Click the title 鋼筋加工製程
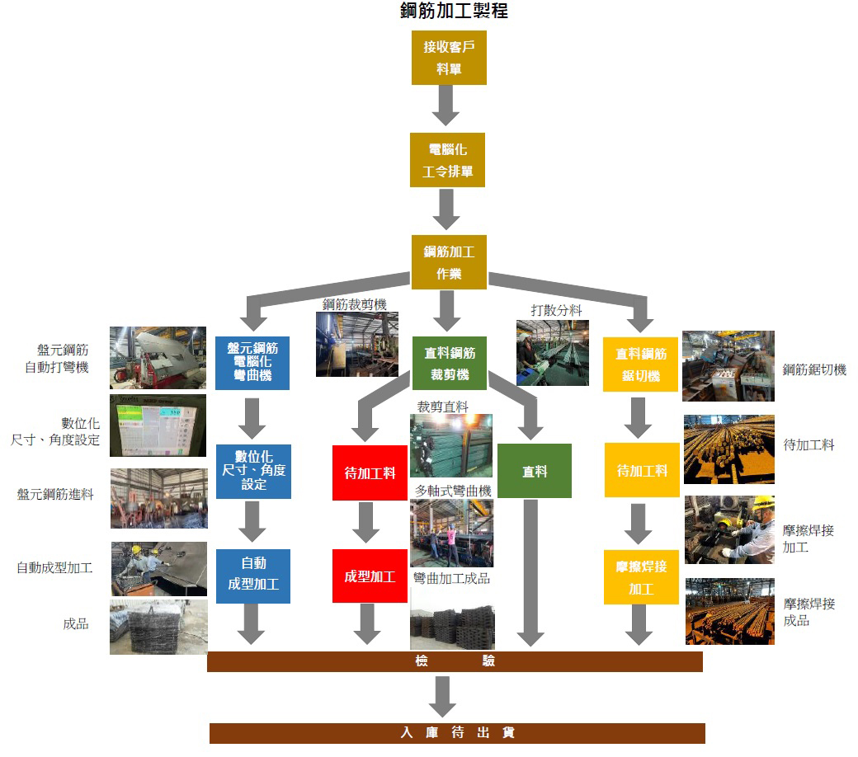point(453,11)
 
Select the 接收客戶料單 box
point(449,58)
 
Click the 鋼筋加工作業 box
point(449,262)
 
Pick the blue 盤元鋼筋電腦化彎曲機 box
point(252,363)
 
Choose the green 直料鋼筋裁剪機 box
point(449,363)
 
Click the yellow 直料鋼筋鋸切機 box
point(640,364)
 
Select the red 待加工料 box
point(369,473)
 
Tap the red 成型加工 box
point(369,576)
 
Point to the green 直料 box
point(534,471)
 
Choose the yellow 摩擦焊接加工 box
point(640,577)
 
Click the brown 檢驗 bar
point(455,661)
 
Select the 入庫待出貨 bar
point(457,732)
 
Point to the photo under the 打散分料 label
point(552,352)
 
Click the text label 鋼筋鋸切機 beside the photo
point(814,369)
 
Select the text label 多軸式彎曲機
point(452,491)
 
